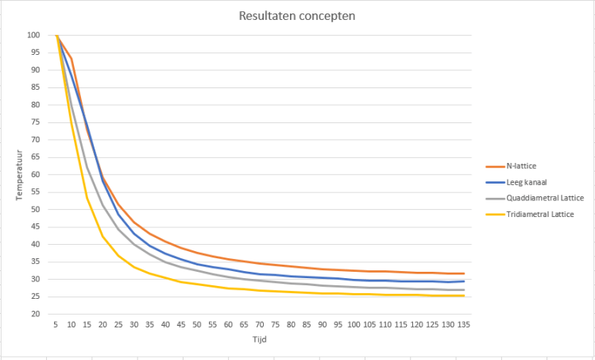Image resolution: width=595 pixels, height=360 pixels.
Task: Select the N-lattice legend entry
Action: [x=522, y=167]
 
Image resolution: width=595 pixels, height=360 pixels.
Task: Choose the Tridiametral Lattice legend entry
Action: [x=539, y=215]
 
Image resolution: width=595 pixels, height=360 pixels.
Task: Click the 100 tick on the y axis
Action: [x=33, y=35]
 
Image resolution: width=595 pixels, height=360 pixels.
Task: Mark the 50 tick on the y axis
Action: [x=35, y=209]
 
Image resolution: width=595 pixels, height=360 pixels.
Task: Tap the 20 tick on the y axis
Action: [x=35, y=314]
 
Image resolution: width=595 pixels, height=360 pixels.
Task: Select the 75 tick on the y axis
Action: [x=35, y=122]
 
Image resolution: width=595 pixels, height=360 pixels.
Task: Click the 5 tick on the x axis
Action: [x=56, y=324]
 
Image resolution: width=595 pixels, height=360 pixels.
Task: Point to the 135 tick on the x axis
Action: [x=463, y=324]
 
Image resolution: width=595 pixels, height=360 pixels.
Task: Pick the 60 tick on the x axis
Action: [x=228, y=324]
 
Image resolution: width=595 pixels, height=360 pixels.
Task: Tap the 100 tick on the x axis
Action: [x=354, y=324]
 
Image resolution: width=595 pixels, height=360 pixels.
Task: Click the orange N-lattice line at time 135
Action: [x=463, y=273]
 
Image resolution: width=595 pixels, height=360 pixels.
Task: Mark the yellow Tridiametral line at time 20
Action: [x=102, y=236]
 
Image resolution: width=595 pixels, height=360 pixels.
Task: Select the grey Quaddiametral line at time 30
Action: [x=134, y=243]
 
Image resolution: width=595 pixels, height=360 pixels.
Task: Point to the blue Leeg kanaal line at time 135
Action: [x=463, y=281]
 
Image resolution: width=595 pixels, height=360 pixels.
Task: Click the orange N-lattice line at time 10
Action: [x=71, y=58]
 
